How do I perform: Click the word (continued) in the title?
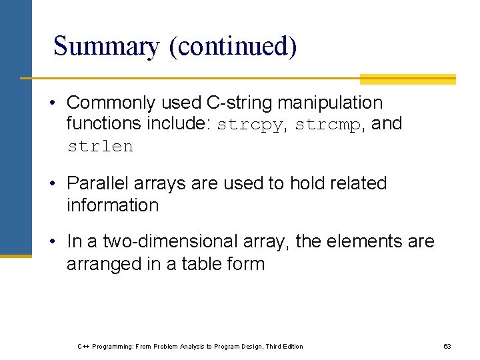tap(232, 47)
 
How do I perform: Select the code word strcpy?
tap(251, 124)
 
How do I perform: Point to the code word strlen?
tap(100, 146)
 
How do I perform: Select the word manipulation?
tap(330, 103)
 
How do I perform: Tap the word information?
tap(113, 205)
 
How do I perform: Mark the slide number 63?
tap(447, 346)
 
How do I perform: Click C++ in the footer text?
tap(84, 346)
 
